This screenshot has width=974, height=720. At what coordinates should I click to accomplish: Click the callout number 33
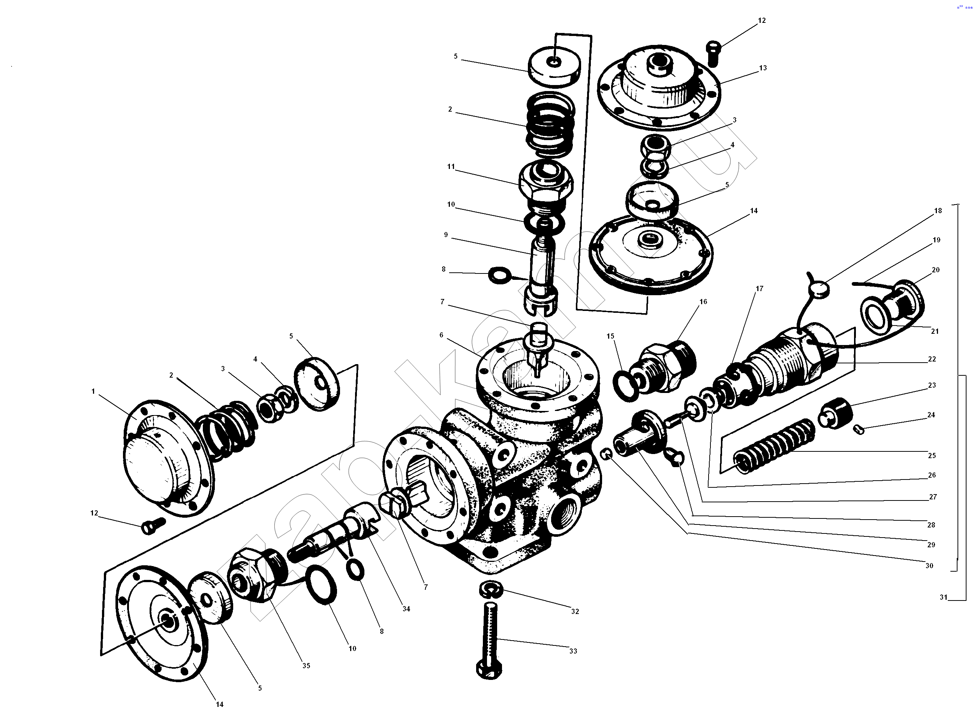point(573,651)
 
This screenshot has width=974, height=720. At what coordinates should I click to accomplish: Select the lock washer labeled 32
point(490,590)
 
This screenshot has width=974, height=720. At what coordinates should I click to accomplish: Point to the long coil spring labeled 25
point(774,447)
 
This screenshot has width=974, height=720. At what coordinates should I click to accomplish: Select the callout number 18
point(938,211)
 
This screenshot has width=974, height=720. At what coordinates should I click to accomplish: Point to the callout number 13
point(763,68)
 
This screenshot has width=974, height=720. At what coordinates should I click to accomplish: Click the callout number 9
point(446,235)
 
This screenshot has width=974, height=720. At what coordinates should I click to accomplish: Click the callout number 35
point(306,666)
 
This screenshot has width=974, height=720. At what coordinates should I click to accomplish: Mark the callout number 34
point(406,609)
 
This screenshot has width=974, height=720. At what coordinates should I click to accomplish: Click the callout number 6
point(441,335)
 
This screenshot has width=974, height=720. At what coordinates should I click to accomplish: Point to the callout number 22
point(932,359)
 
